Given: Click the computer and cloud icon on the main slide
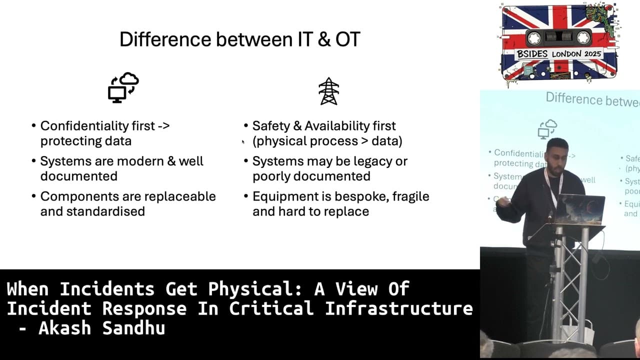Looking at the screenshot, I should click(x=123, y=87).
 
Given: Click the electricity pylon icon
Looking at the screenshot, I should click(x=328, y=91).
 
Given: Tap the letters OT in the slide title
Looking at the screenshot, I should click(x=347, y=39).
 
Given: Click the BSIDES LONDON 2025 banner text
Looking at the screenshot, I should click(x=559, y=54).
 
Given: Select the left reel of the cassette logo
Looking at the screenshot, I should click(x=533, y=37).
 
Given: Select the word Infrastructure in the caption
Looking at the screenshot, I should click(x=398, y=308).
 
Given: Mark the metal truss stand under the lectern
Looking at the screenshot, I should click(x=570, y=280).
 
